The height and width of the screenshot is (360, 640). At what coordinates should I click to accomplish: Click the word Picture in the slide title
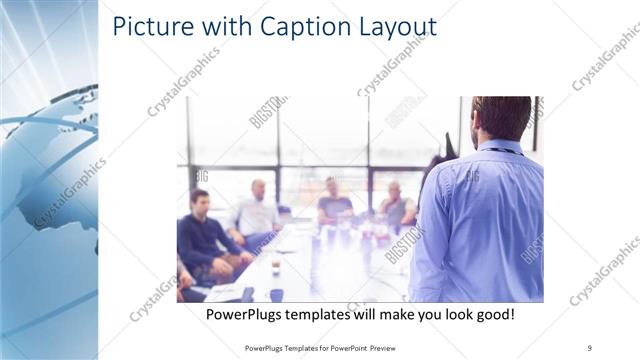point(149,26)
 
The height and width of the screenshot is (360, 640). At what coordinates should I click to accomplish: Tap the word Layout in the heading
point(391,27)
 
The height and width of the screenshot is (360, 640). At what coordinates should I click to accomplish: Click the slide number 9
point(589,346)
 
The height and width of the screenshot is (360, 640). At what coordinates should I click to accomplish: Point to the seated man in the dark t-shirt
point(334,205)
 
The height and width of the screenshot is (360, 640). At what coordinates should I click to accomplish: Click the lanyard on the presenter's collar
point(504,151)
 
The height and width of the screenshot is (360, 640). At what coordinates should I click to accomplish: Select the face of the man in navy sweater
point(200,201)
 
